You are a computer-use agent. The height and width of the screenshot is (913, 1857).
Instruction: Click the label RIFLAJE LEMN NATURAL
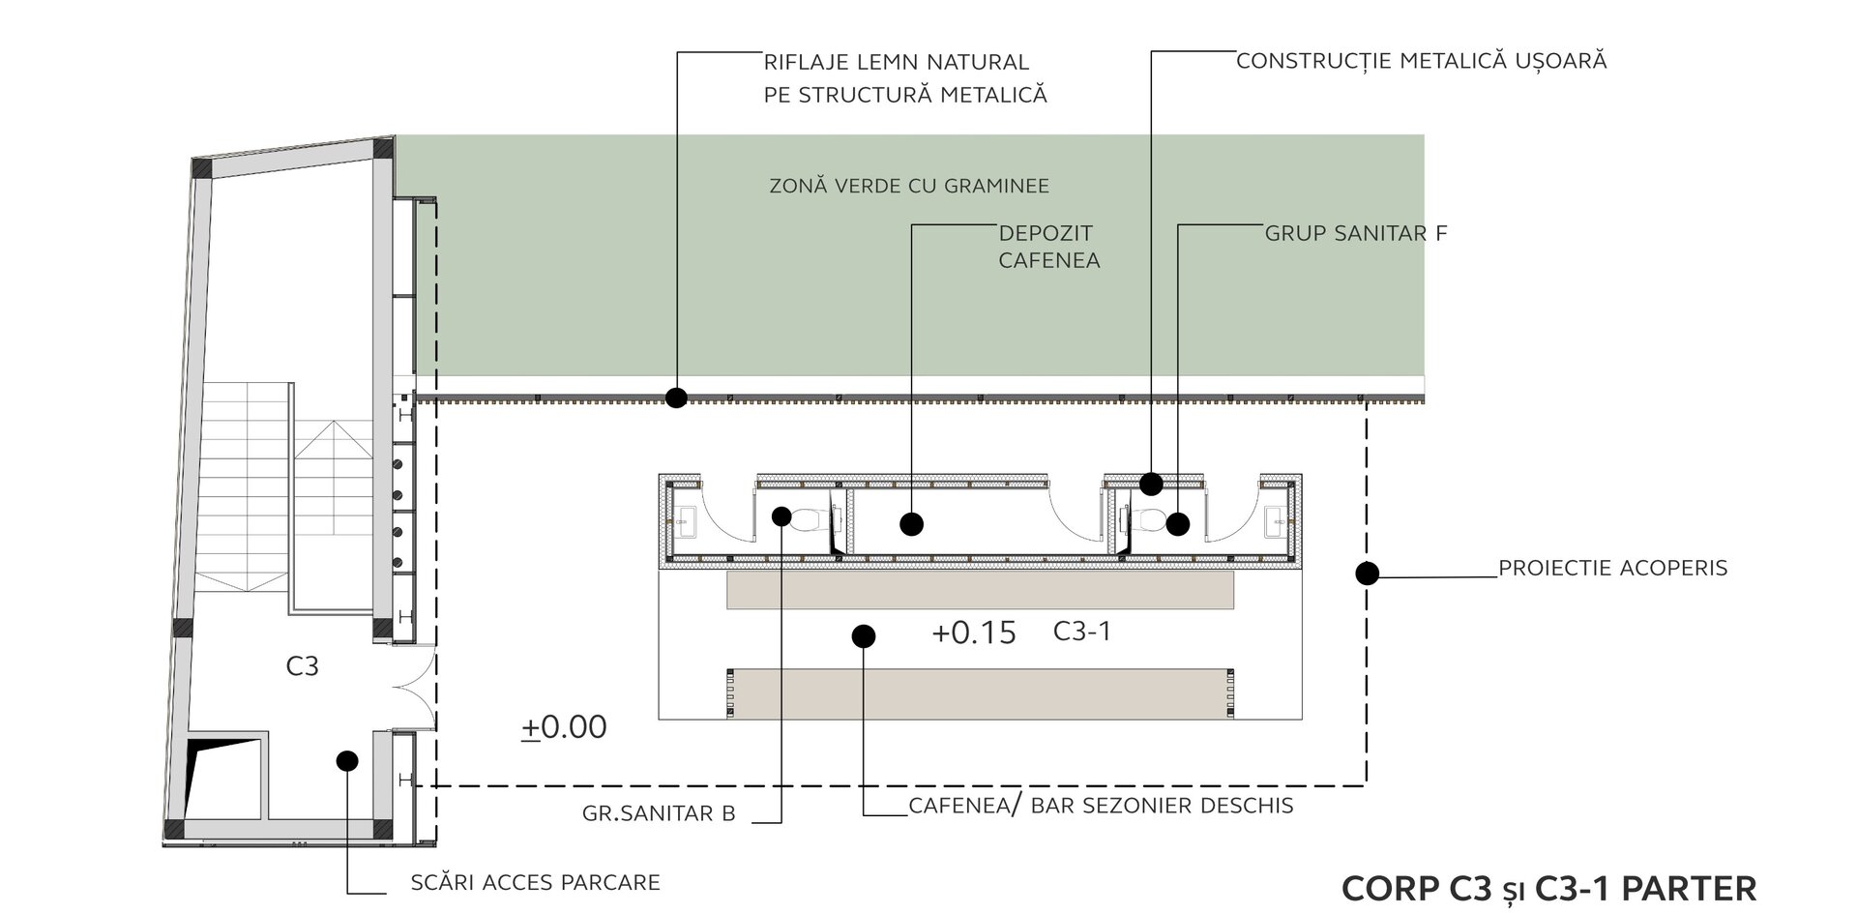896,63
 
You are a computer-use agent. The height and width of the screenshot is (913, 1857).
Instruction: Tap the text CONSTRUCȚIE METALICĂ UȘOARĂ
1421,61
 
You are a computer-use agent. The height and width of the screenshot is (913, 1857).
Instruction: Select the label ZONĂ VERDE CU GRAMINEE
908,186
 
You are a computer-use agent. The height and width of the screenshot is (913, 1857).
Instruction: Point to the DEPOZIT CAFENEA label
1047,247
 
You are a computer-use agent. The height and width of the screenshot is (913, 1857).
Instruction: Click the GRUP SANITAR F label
1355,233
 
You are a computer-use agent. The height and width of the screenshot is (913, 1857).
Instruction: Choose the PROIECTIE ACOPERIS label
1612,568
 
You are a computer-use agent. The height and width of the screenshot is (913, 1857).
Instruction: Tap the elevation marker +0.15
973,633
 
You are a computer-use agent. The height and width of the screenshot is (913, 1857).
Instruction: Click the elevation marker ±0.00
565,727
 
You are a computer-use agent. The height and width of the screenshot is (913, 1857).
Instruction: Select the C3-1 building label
1081,632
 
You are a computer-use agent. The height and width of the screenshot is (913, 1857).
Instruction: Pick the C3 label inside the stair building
302,666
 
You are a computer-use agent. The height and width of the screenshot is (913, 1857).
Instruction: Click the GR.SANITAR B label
659,813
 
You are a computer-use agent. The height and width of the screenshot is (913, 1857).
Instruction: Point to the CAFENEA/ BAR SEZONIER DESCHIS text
1101,806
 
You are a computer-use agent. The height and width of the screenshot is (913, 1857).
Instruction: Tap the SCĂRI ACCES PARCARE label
535,882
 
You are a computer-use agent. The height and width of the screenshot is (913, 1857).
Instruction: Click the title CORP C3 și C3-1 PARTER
1548,888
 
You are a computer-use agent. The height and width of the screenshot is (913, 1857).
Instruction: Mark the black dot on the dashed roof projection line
1367,574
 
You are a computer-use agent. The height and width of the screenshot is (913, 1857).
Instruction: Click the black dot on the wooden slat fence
676,397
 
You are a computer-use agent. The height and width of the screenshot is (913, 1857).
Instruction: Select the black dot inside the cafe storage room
911,524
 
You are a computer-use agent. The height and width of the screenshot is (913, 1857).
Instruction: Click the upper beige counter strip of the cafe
980,590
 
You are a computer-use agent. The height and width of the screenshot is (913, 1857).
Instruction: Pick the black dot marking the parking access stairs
347,761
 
